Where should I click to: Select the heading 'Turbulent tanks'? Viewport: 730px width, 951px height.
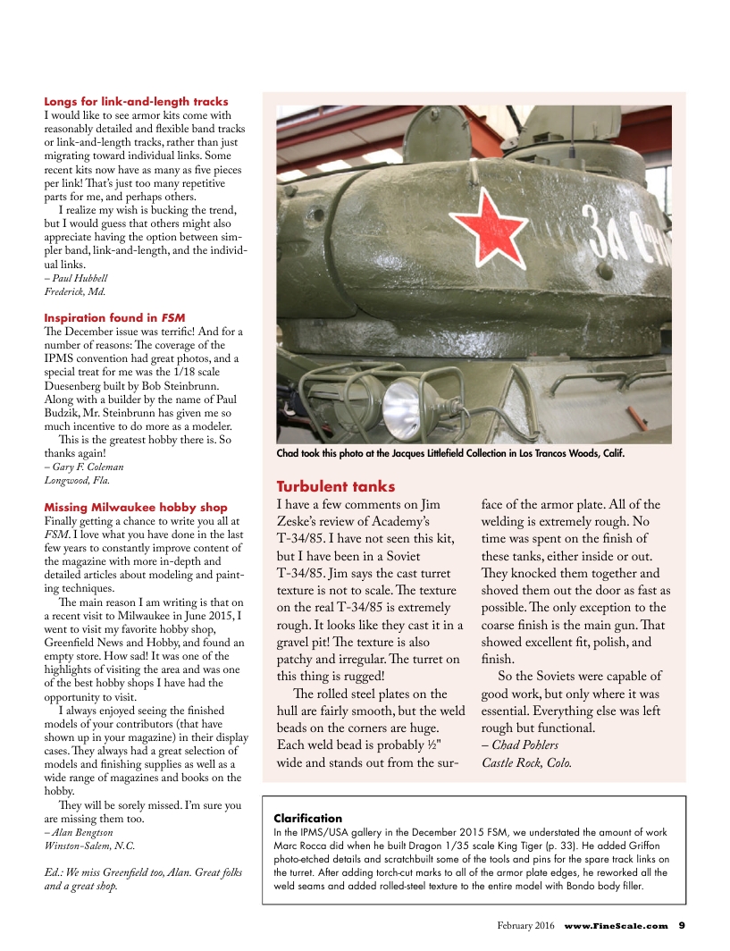[335, 486]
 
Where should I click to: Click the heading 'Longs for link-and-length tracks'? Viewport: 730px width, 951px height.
[136, 102]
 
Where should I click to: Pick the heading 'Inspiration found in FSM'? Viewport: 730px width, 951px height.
[114, 317]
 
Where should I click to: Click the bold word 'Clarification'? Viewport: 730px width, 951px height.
[307, 818]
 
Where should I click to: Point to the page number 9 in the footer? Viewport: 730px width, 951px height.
[682, 925]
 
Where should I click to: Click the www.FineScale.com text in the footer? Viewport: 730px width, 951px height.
[616, 925]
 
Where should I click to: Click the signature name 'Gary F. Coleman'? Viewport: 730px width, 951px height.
[88, 467]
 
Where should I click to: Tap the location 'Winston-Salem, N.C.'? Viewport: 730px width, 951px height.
[90, 845]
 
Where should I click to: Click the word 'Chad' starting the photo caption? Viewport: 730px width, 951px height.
[289, 453]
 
